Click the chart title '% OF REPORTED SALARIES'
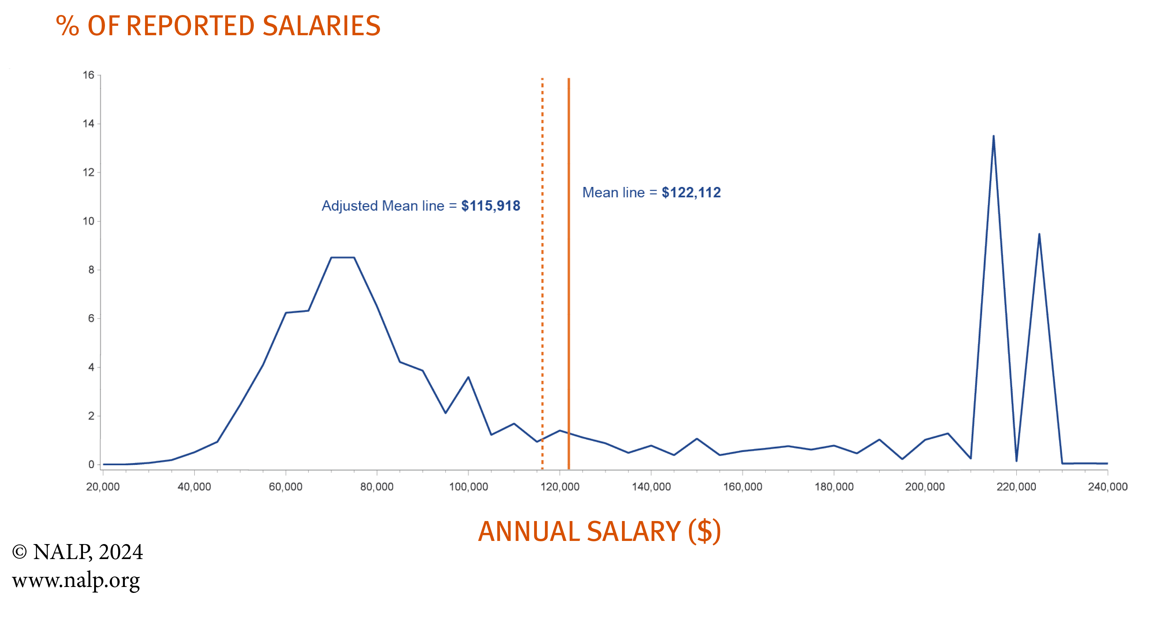218,26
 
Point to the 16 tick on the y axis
89,75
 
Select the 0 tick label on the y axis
91,464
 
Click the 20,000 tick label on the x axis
103,487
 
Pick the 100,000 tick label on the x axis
468,487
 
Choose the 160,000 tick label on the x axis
743,487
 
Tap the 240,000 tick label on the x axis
1107,487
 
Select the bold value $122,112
691,193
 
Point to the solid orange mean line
569,316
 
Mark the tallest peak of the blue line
993,136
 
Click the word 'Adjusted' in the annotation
350,206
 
